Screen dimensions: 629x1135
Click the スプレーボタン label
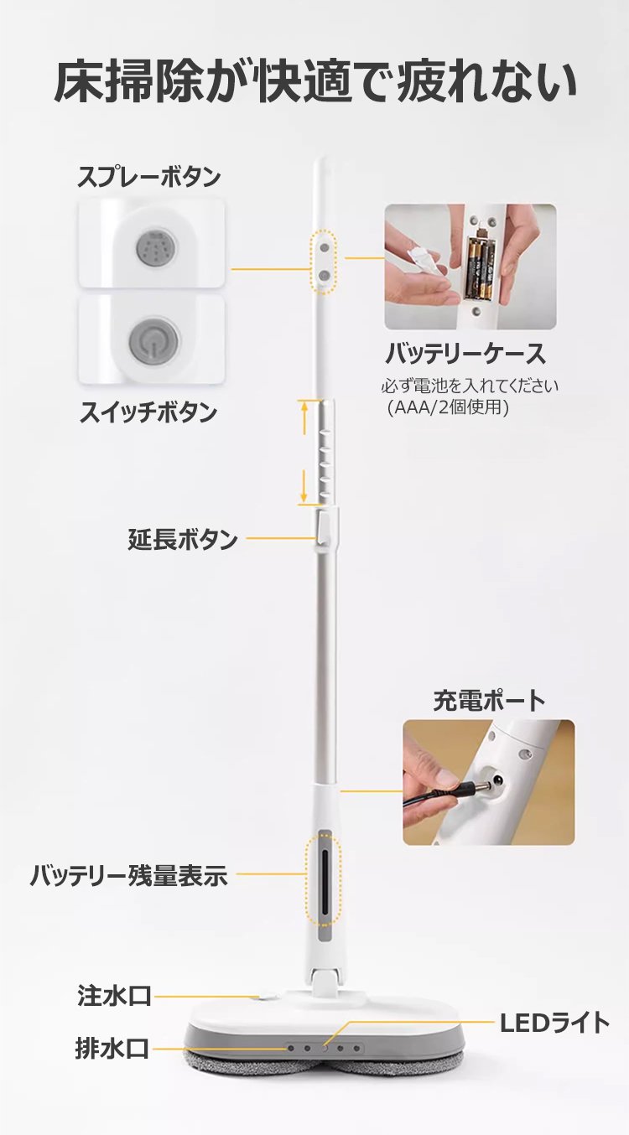149,178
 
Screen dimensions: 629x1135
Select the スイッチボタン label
148,412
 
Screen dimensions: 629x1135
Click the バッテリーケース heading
465,354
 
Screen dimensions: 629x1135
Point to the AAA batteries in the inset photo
479,267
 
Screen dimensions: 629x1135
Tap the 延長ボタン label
183,539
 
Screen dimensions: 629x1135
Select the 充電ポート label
489,702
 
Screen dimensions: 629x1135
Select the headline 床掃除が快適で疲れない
314,81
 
